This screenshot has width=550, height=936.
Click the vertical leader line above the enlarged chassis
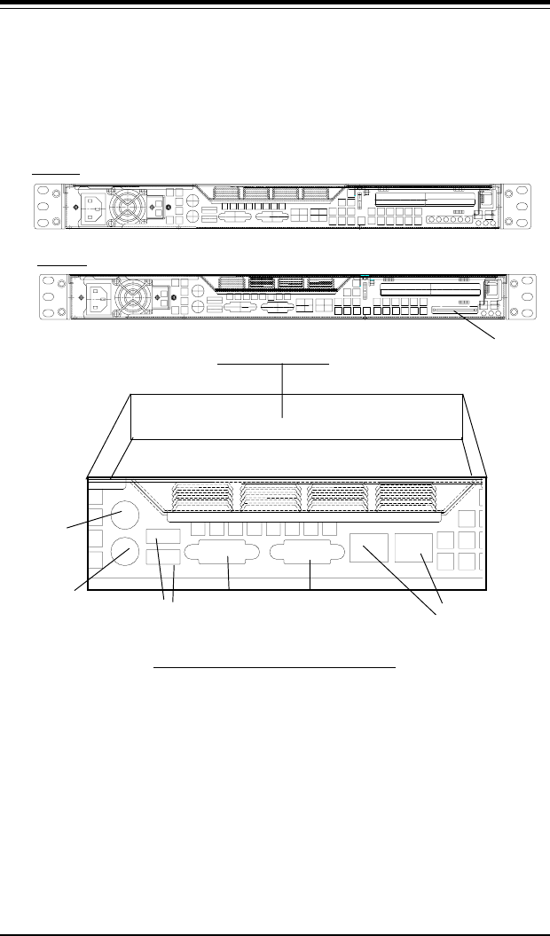pyautogui.click(x=282, y=390)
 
